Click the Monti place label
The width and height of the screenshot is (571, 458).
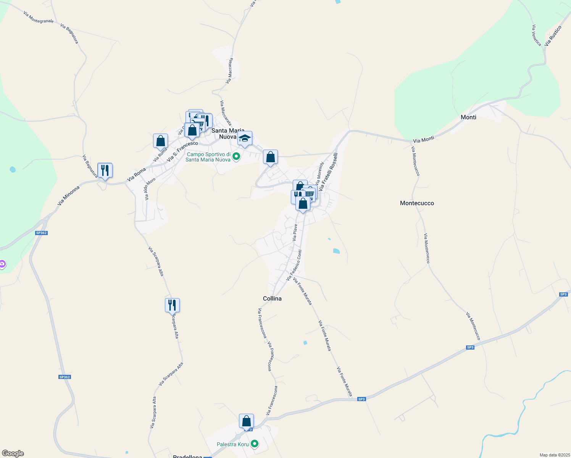[468, 117]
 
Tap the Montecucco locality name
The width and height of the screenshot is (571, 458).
[417, 203]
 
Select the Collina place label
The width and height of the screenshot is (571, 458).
[272, 298]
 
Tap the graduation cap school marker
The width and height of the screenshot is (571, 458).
[245, 139]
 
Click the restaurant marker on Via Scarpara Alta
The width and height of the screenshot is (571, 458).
[172, 305]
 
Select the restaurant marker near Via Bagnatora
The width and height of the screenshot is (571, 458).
[105, 170]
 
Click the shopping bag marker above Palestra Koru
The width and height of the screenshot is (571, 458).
[247, 421]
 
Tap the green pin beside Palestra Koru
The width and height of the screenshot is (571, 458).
[254, 444]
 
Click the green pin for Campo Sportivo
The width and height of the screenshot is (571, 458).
[236, 156]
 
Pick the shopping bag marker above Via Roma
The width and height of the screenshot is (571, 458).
[161, 141]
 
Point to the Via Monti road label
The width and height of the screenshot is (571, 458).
[423, 140]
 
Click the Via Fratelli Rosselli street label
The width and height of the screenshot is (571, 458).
[329, 172]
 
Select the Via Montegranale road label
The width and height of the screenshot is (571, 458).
[38, 17]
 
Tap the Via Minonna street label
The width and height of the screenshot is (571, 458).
[69, 195]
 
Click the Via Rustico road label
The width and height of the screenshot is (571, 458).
[553, 36]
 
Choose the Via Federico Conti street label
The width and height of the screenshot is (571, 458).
[294, 265]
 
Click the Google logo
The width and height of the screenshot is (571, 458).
[13, 453]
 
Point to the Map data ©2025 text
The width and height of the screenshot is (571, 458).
[554, 455]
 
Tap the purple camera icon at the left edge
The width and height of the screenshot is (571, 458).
[2, 264]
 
